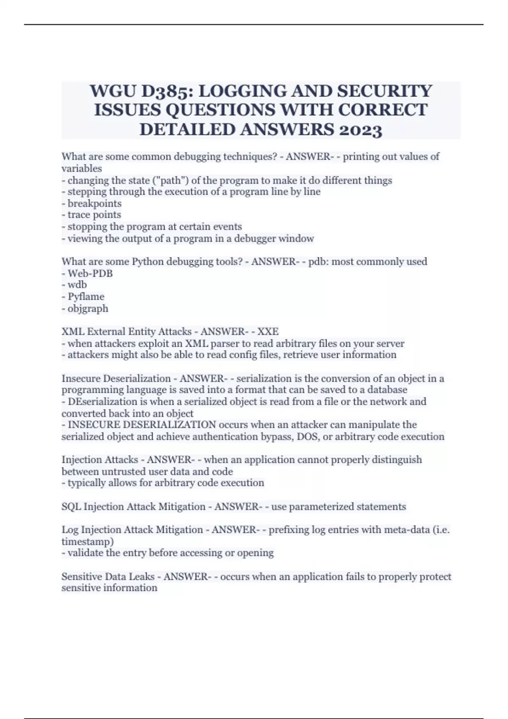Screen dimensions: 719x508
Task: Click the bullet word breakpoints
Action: click(94, 203)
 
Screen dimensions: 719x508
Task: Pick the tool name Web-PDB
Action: click(90, 273)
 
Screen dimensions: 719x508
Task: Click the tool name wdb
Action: click(77, 285)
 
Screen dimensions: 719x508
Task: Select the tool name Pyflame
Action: click(86, 296)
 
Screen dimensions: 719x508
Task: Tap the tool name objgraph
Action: click(88, 308)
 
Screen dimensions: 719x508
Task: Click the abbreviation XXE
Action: click(268, 332)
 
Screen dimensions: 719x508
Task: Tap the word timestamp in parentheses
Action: click(86, 541)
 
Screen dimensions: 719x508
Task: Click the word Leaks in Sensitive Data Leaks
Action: click(141, 576)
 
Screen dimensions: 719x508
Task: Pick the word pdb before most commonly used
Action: click(317, 262)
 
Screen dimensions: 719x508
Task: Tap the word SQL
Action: click(71, 507)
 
